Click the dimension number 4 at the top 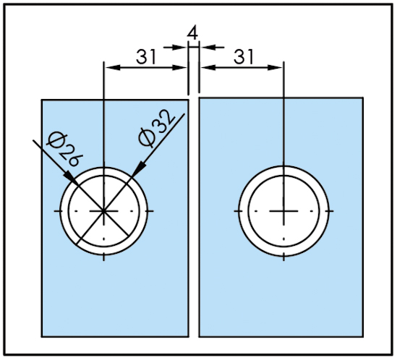pyautogui.click(x=192, y=33)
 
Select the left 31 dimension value pyautogui.click(x=145, y=56)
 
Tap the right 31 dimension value pyautogui.click(x=243, y=56)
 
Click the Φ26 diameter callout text pyautogui.click(x=64, y=150)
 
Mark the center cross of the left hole pyautogui.click(x=103, y=210)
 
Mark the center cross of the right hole pyautogui.click(x=283, y=210)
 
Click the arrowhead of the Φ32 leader pyautogui.click(x=138, y=170)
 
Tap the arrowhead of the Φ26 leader pyautogui.click(x=69, y=176)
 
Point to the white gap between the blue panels pyautogui.click(x=194, y=218)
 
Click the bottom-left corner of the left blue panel pyautogui.click(x=42, y=336)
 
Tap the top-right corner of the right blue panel pyautogui.click(x=363, y=98)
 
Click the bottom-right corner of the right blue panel pyautogui.click(x=363, y=336)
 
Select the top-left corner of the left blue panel pyautogui.click(x=42, y=100)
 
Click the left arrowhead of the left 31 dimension pyautogui.click(x=112, y=68)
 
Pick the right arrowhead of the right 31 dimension pyautogui.click(x=275, y=68)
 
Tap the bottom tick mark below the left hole pyautogui.click(x=103, y=257)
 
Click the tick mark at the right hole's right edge pyautogui.click(x=330, y=211)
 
